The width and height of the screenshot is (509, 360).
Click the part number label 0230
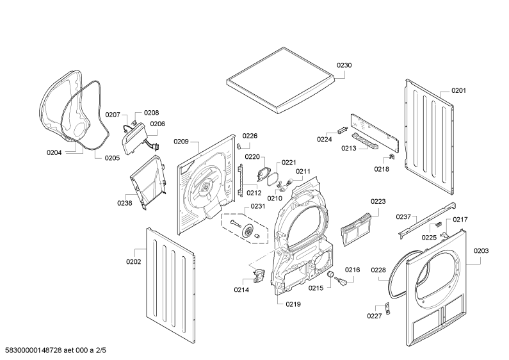pyautogui.click(x=344, y=65)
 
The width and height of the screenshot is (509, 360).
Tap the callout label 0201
pyautogui.click(x=458, y=90)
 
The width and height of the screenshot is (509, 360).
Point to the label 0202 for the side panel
pyautogui.click(x=133, y=261)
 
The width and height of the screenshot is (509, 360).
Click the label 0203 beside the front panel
pyautogui.click(x=481, y=250)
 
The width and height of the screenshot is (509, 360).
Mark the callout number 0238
pyautogui.click(x=124, y=203)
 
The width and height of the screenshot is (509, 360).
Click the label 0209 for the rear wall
pyautogui.click(x=181, y=142)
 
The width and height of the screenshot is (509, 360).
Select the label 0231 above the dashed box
pyautogui.click(x=257, y=206)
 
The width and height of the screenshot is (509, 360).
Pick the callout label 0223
pyautogui.click(x=378, y=201)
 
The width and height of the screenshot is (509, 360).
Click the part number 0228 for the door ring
pyautogui.click(x=378, y=270)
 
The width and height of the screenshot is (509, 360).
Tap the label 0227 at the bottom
pyautogui.click(x=375, y=316)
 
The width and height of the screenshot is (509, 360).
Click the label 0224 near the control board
pyautogui.click(x=325, y=139)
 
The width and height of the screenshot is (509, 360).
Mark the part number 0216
pyautogui.click(x=353, y=270)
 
